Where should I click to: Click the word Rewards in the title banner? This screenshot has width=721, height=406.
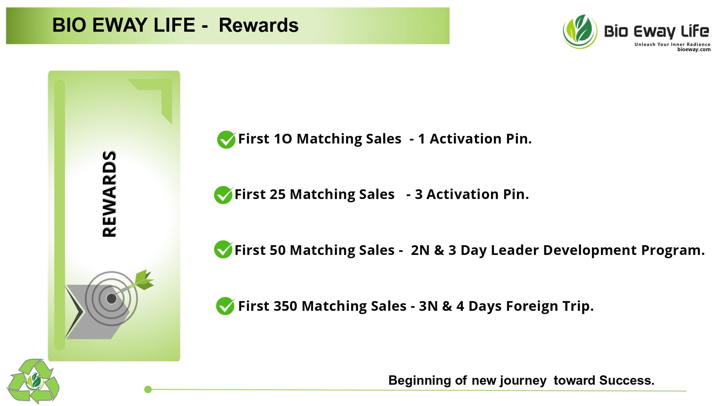[x=258, y=25]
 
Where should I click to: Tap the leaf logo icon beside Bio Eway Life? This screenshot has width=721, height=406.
[x=580, y=31]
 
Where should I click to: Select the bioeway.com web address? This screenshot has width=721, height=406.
[x=694, y=49]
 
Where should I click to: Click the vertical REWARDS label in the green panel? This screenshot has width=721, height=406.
[x=109, y=194]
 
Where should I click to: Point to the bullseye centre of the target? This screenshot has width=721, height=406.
[x=111, y=299]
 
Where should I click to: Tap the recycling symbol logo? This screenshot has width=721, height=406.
[x=33, y=381]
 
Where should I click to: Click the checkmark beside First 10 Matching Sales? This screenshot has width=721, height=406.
[x=226, y=139]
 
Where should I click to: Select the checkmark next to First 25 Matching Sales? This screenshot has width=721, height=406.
[x=223, y=195]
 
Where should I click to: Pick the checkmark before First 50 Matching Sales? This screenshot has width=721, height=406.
[x=223, y=250]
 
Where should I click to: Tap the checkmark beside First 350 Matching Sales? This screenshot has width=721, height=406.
[x=226, y=306]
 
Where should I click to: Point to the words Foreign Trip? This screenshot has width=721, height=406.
[x=549, y=306]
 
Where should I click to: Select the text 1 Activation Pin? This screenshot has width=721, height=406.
[x=475, y=139]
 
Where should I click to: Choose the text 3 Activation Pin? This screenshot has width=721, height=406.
[x=472, y=194]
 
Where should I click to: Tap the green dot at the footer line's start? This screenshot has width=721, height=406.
[x=148, y=389]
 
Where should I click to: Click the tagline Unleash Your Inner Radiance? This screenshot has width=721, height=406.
[x=672, y=44]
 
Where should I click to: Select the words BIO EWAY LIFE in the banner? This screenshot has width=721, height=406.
[x=124, y=25]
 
